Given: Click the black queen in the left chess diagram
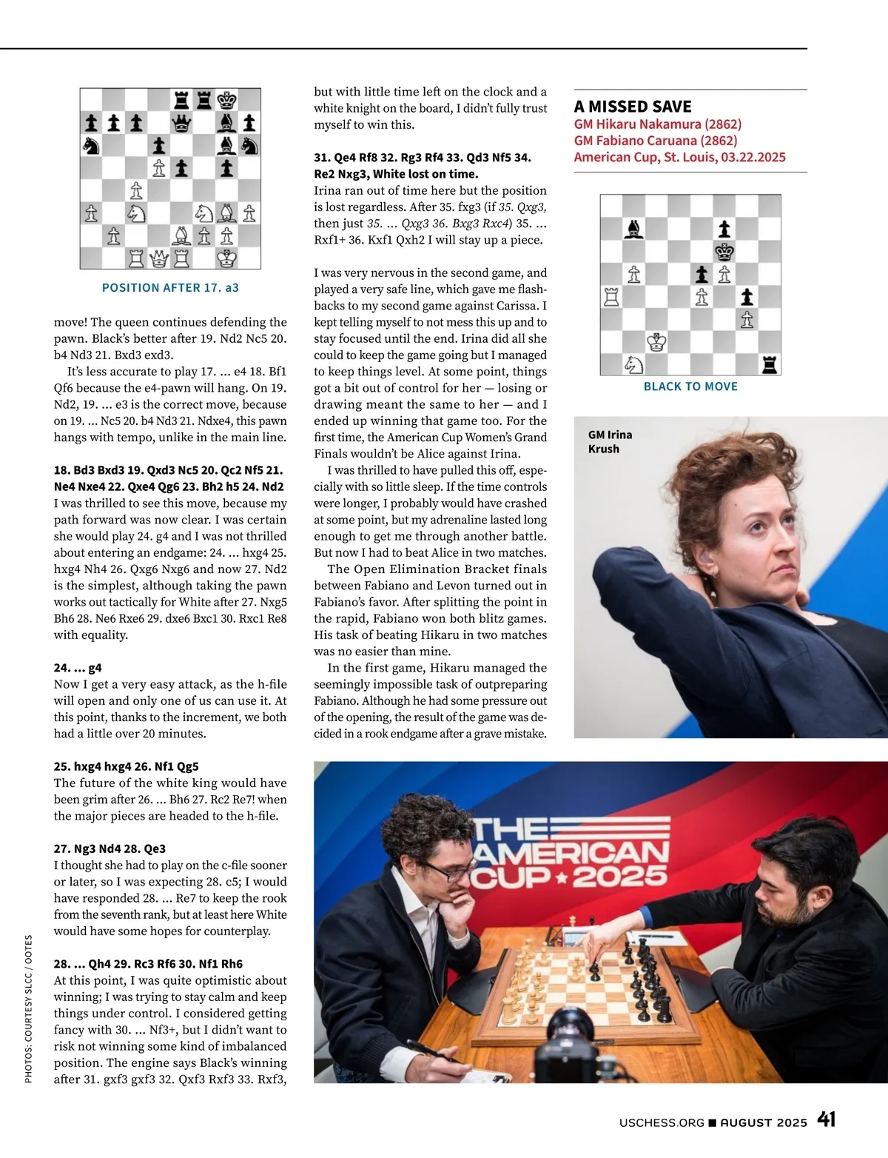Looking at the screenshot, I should [x=181, y=123].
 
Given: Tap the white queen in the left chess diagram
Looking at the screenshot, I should [x=159, y=258].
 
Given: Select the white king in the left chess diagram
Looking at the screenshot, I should [x=227, y=258].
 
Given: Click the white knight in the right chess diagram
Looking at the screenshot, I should [x=634, y=364].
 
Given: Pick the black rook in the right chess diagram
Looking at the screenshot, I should [x=770, y=364].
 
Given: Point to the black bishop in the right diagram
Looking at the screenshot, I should [x=634, y=229].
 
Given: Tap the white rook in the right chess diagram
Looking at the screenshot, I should [x=611, y=297].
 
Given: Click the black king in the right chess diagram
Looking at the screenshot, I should [x=724, y=252].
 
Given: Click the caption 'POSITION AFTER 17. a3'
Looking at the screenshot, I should [x=170, y=287].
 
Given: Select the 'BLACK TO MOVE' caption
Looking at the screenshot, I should [x=690, y=386].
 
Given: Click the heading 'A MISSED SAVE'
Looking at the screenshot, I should [x=633, y=107].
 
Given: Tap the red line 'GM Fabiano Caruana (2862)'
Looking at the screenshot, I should [x=656, y=141].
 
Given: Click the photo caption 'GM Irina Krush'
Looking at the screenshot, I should [x=610, y=441].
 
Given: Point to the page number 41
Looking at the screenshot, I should [x=827, y=1119].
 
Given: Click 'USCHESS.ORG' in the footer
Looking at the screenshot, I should [x=662, y=1122].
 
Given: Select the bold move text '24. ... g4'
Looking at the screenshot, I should [x=78, y=667].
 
